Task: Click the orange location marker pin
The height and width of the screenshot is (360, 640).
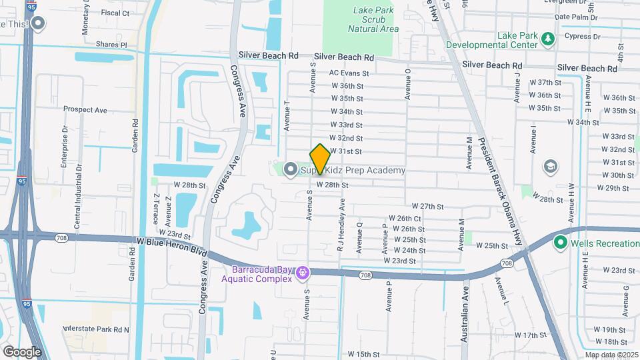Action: (320, 158)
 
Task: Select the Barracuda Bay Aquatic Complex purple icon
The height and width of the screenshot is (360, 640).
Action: (303, 273)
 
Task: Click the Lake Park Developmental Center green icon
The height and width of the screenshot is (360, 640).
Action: (548, 39)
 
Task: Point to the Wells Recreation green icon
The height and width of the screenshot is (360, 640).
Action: (561, 243)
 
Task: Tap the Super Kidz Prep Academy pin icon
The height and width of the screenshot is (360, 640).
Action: (290, 171)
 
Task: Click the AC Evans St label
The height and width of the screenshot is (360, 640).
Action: (349, 73)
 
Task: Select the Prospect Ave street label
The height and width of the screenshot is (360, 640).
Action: (85, 110)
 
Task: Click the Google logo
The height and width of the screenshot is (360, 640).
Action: (22, 351)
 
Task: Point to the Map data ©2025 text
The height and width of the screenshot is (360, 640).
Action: (611, 355)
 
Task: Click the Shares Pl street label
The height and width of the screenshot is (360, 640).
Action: (111, 45)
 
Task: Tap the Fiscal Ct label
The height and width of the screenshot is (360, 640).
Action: (115, 13)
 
